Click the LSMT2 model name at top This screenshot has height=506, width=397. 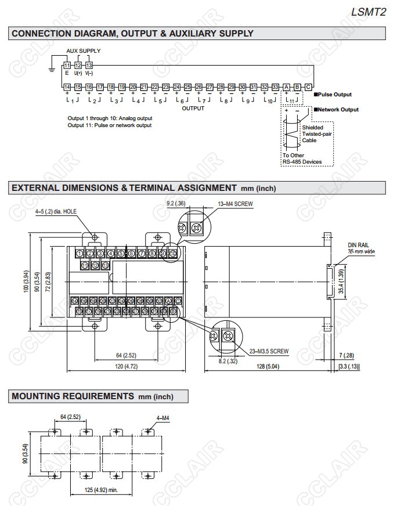[x=369, y=11]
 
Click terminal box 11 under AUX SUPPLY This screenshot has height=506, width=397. [x=67, y=66]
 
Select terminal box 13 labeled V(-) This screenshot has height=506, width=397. [x=89, y=66]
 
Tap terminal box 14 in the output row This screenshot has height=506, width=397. [x=67, y=86]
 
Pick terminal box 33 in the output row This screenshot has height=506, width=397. [x=275, y=86]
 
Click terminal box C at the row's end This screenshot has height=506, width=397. [x=308, y=86]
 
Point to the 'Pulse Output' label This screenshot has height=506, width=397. [x=334, y=94]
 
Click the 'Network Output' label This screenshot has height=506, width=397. [x=337, y=109]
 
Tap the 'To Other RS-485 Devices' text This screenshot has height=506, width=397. [x=302, y=158]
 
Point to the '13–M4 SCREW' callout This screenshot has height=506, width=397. [x=235, y=204]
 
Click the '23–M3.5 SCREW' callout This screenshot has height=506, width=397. [x=268, y=351]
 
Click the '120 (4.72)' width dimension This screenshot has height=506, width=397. [x=125, y=367]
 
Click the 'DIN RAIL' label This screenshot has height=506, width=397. [x=359, y=245]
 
